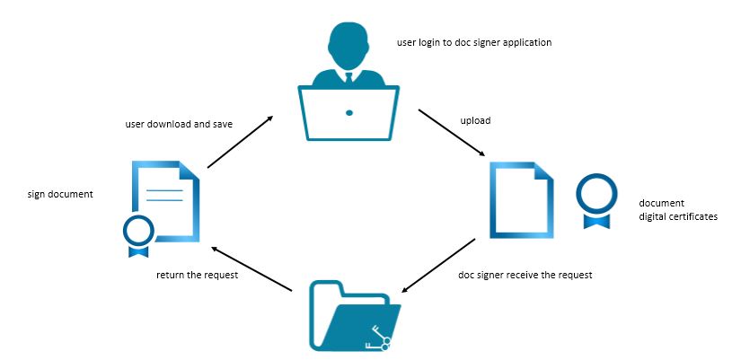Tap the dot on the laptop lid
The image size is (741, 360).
point(349,112)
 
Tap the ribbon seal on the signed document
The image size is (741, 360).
point(138,233)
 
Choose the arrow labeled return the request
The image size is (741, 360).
point(252,268)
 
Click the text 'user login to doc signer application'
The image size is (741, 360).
point(473,42)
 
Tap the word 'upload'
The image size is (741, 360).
point(475,119)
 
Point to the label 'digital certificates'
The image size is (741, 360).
point(678,216)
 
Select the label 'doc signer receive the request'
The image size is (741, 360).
point(525,274)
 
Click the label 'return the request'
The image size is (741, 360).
point(197,275)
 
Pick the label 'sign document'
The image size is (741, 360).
point(60,193)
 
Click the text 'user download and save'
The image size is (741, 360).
point(179,124)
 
